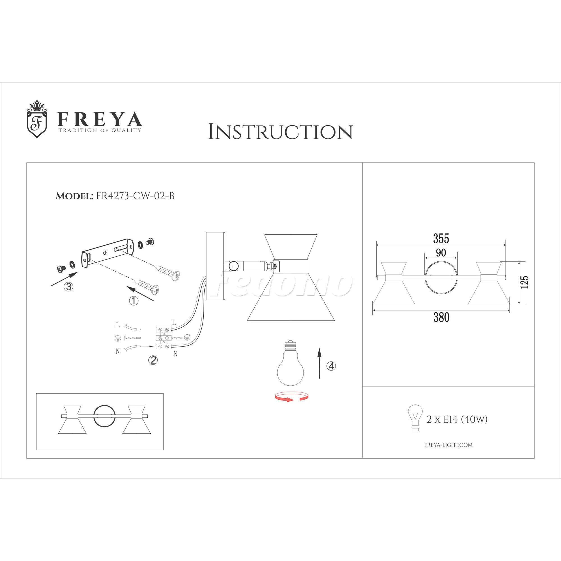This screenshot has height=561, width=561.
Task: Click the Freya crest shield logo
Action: click(37, 119)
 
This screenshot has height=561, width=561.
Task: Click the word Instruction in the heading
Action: click(280, 132)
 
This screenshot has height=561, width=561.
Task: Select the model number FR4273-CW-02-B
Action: click(135, 196)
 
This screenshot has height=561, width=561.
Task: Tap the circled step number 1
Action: click(134, 301)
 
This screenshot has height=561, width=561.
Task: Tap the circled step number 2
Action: click(153, 360)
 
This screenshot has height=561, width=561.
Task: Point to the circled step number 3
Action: click(68, 287)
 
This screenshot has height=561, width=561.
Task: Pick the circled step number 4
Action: click(331, 366)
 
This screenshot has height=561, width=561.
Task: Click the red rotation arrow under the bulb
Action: click(291, 396)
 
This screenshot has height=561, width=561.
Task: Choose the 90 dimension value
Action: click(441, 253)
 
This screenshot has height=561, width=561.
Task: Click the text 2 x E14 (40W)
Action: click(457, 419)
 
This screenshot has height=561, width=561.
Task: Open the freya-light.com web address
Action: click(448, 445)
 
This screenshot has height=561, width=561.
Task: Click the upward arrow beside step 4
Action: click(319, 363)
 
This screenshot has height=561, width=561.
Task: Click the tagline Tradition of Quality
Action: click(100, 130)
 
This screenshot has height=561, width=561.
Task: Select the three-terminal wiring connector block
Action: click(163, 338)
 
